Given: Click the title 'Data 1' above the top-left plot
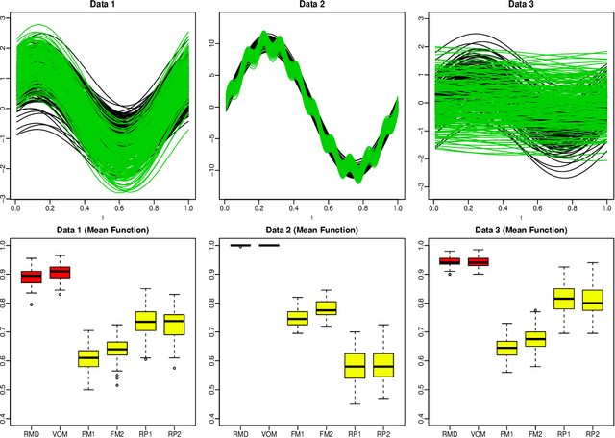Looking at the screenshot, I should click(x=101, y=6).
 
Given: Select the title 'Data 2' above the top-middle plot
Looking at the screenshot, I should click(x=307, y=6).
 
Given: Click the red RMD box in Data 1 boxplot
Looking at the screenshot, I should click(x=32, y=277).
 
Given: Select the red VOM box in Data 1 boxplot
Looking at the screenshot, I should click(x=60, y=272).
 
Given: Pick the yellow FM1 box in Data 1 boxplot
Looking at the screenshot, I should click(x=88, y=358).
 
